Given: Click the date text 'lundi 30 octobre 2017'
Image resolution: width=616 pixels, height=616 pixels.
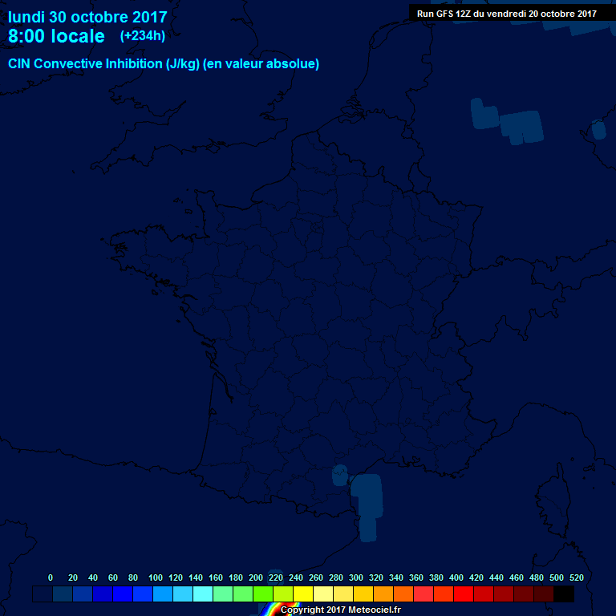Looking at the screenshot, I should click(x=87, y=17).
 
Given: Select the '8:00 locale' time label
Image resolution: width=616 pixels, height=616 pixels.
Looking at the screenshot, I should click(x=56, y=36).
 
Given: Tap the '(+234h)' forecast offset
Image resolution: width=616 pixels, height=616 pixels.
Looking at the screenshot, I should click(x=143, y=35).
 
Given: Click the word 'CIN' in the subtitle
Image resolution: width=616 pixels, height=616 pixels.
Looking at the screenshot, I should click(x=20, y=64).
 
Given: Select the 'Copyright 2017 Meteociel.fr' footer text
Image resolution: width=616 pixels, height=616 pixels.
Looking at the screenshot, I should click(x=340, y=610).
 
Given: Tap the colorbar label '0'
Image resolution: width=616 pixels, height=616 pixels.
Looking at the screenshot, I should click(x=51, y=577).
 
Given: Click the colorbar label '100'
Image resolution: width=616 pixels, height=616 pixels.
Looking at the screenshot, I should click(x=156, y=577).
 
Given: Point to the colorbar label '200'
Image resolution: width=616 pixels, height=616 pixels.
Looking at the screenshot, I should click(x=256, y=577).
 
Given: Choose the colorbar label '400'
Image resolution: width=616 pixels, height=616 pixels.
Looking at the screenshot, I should click(x=456, y=577).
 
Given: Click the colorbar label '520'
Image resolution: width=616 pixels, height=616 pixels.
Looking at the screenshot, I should click(x=576, y=577).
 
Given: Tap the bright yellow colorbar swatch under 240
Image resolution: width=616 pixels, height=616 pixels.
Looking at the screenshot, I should click(x=303, y=594).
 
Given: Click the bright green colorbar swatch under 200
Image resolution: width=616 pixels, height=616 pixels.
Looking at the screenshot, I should click(x=263, y=594).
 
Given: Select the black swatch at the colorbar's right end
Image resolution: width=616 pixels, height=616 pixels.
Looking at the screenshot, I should click(x=564, y=594).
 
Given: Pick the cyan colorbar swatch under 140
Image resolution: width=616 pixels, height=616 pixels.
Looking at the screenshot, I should click(x=203, y=594).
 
